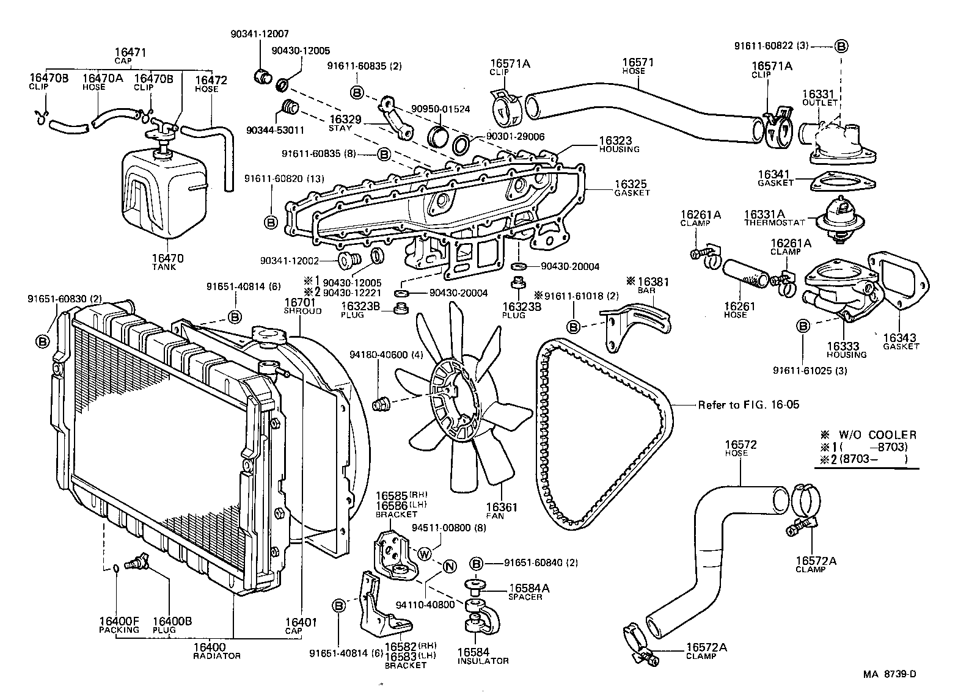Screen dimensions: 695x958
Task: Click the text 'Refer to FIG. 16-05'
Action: coord(748,404)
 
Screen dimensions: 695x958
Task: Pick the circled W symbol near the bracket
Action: coord(425,554)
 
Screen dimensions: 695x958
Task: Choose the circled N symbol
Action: coord(449,566)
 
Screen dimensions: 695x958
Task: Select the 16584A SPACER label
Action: coord(529,591)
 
